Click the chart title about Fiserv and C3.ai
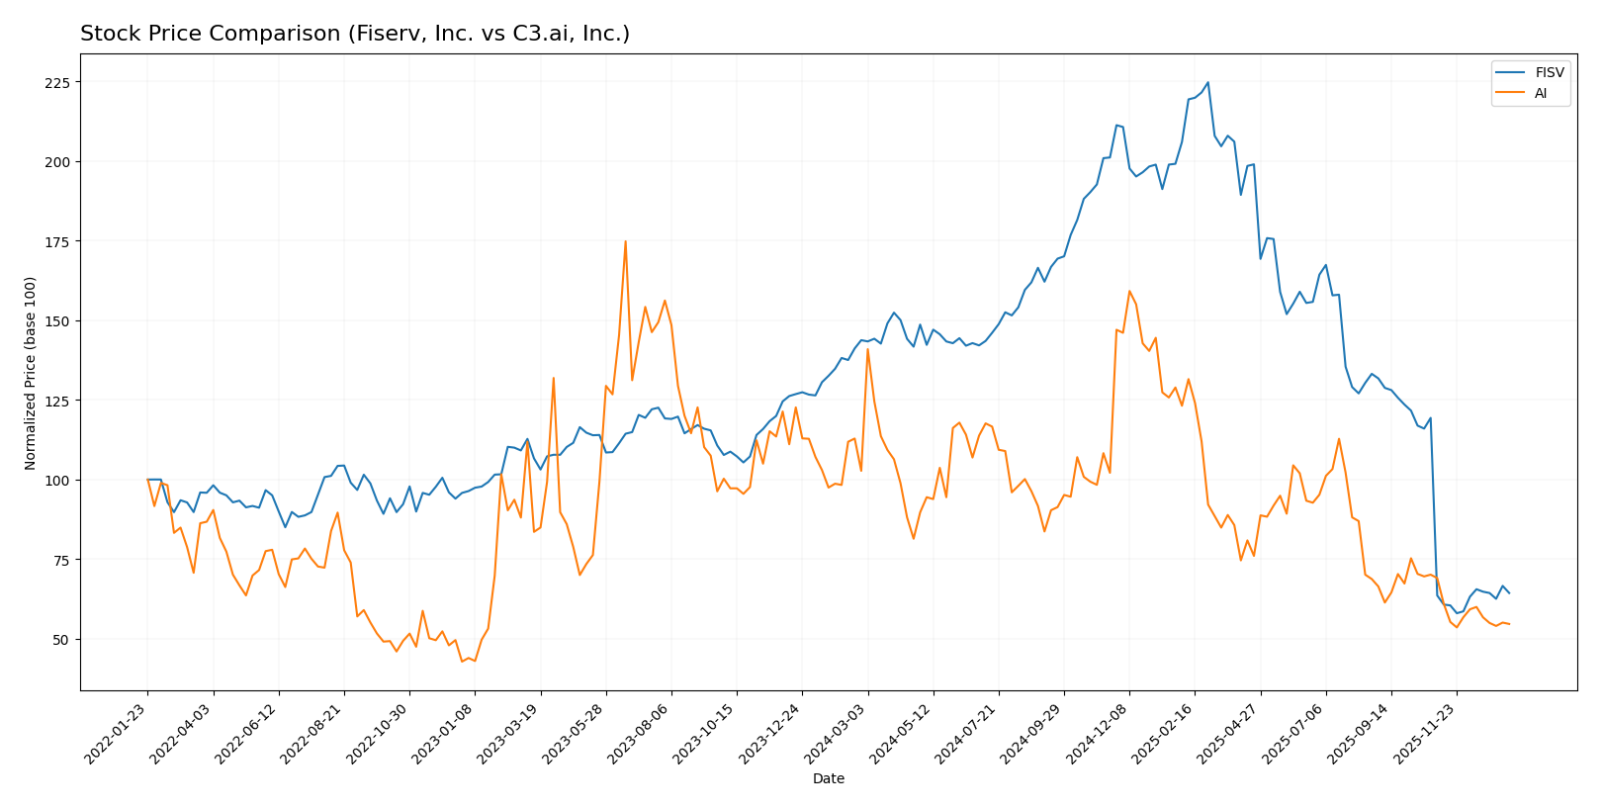[x=354, y=34]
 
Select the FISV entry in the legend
[x=1549, y=73]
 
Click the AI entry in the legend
[x=1541, y=94]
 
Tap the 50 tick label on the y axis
[x=60, y=640]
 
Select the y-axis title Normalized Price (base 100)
[x=31, y=373]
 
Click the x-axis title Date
[x=828, y=779]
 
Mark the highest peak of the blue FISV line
[x=1207, y=82]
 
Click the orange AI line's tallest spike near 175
[x=625, y=240]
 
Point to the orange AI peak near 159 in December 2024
[x=1128, y=291]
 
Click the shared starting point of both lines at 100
[x=147, y=480]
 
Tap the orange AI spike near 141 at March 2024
[x=867, y=348]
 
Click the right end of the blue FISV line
[x=1509, y=593]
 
